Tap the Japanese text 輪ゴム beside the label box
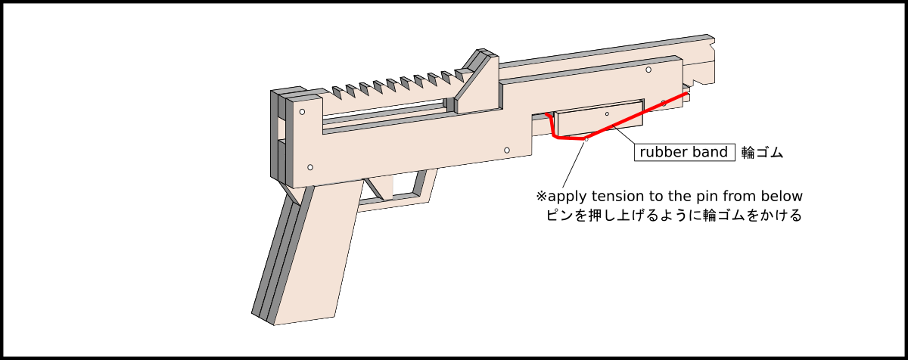(x=762, y=152)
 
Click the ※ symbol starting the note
(x=541, y=197)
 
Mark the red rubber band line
(x=636, y=117)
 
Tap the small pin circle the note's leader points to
(x=586, y=138)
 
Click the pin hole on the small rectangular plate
(x=607, y=113)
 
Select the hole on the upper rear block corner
(x=302, y=112)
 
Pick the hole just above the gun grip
(x=310, y=166)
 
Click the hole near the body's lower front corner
(x=506, y=151)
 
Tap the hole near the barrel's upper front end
(x=648, y=70)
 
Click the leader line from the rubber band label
(x=625, y=136)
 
